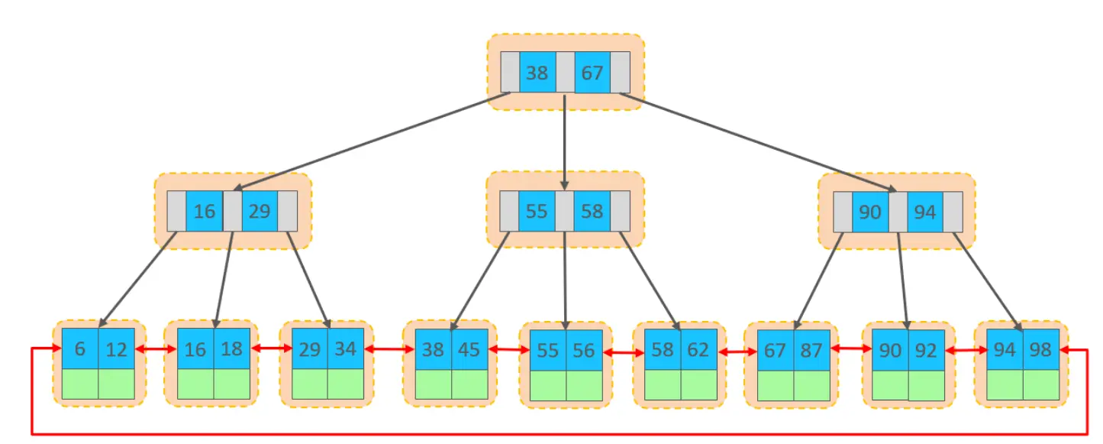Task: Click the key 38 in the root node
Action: click(x=537, y=73)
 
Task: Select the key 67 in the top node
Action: click(x=592, y=73)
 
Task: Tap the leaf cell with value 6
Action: click(x=79, y=349)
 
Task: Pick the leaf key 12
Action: click(x=116, y=349)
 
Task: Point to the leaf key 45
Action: click(x=469, y=349)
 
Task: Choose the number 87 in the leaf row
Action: click(x=811, y=349)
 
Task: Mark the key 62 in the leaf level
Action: click(x=698, y=349)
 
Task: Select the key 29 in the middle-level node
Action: click(x=260, y=211)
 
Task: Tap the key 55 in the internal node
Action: click(x=537, y=211)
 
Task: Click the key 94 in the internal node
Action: click(x=924, y=211)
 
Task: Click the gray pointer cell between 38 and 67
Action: click(x=565, y=73)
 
